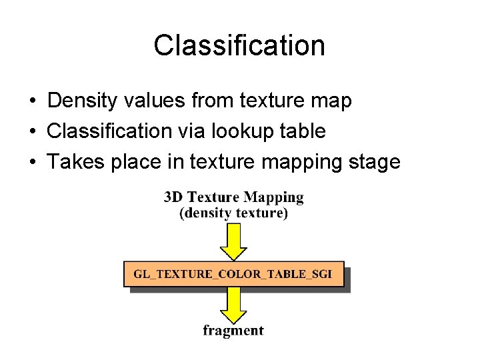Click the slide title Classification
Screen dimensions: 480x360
239,46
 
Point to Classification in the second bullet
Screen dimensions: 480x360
109,131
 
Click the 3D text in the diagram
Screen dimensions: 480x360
173,197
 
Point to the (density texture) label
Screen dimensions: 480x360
233,213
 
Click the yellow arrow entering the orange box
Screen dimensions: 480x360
233,241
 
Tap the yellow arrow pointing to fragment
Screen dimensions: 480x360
233,305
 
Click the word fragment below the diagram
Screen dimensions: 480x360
233,331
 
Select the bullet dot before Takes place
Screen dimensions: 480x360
32,163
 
